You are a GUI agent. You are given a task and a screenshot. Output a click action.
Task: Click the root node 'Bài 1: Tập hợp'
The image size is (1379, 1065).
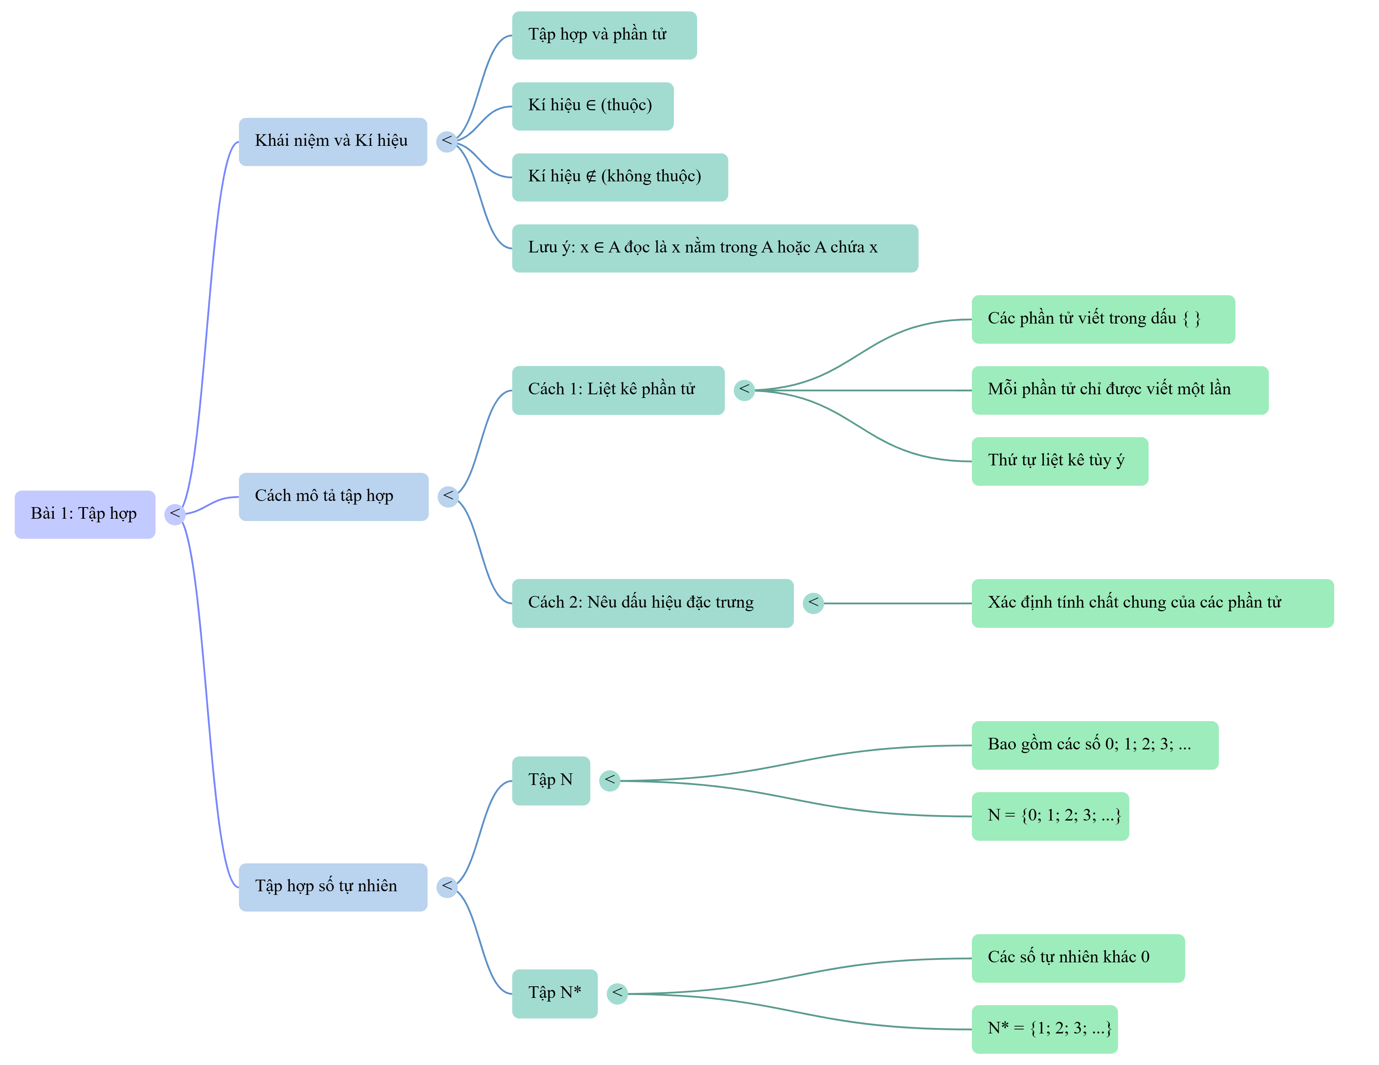[85, 514]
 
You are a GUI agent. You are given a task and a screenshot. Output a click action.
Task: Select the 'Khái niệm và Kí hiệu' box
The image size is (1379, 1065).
[333, 142]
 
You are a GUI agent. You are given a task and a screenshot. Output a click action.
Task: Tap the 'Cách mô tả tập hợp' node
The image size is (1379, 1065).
[334, 497]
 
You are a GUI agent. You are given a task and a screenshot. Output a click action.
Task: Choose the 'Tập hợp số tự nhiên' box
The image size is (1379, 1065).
[333, 887]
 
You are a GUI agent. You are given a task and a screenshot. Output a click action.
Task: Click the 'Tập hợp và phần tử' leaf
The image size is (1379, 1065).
[604, 35]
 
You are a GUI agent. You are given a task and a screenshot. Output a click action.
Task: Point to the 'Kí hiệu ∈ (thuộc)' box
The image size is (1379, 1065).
[593, 106]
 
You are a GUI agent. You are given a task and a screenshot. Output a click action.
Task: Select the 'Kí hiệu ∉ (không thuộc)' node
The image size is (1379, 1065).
[620, 177]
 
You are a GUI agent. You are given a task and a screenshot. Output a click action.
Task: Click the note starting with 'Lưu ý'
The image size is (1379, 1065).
[715, 248]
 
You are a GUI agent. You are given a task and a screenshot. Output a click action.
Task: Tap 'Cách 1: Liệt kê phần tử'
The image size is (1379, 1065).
[618, 390]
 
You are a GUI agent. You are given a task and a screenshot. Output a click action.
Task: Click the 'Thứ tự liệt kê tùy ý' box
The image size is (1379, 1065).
[1060, 461]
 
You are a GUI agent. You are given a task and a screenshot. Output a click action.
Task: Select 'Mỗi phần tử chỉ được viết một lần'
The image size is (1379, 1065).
[1120, 390]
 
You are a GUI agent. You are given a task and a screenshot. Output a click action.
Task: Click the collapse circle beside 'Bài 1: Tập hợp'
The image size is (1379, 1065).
[175, 514]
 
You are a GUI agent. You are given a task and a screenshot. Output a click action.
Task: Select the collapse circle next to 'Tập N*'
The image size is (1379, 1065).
[618, 994]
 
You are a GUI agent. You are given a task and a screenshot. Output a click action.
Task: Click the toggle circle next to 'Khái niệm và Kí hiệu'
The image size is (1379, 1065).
[447, 142]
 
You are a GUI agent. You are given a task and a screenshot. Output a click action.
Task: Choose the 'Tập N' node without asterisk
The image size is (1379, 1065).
[551, 781]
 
